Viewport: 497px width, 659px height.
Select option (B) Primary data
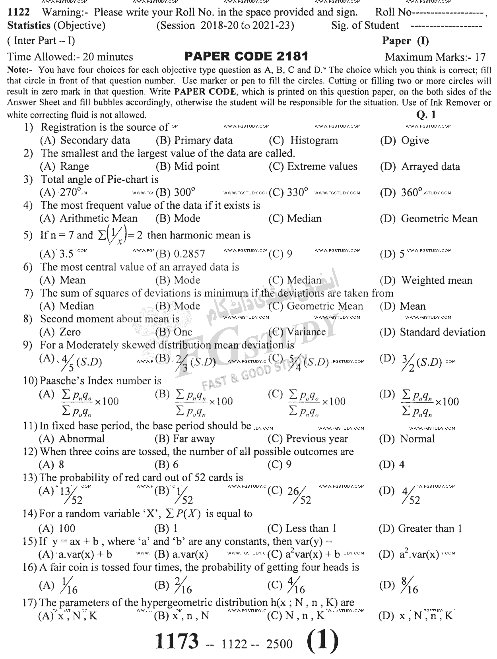[x=194, y=140]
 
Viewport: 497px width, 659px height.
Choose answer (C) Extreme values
[x=313, y=167]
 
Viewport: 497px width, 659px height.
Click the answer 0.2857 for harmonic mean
[x=180, y=254]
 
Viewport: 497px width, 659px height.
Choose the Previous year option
[x=308, y=439]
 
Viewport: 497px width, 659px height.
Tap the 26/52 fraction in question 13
[x=299, y=495]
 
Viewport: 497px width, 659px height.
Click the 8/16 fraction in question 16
[x=409, y=585]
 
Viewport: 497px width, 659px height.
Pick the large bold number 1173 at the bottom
[x=177, y=641]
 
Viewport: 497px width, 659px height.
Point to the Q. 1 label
[x=426, y=115]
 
